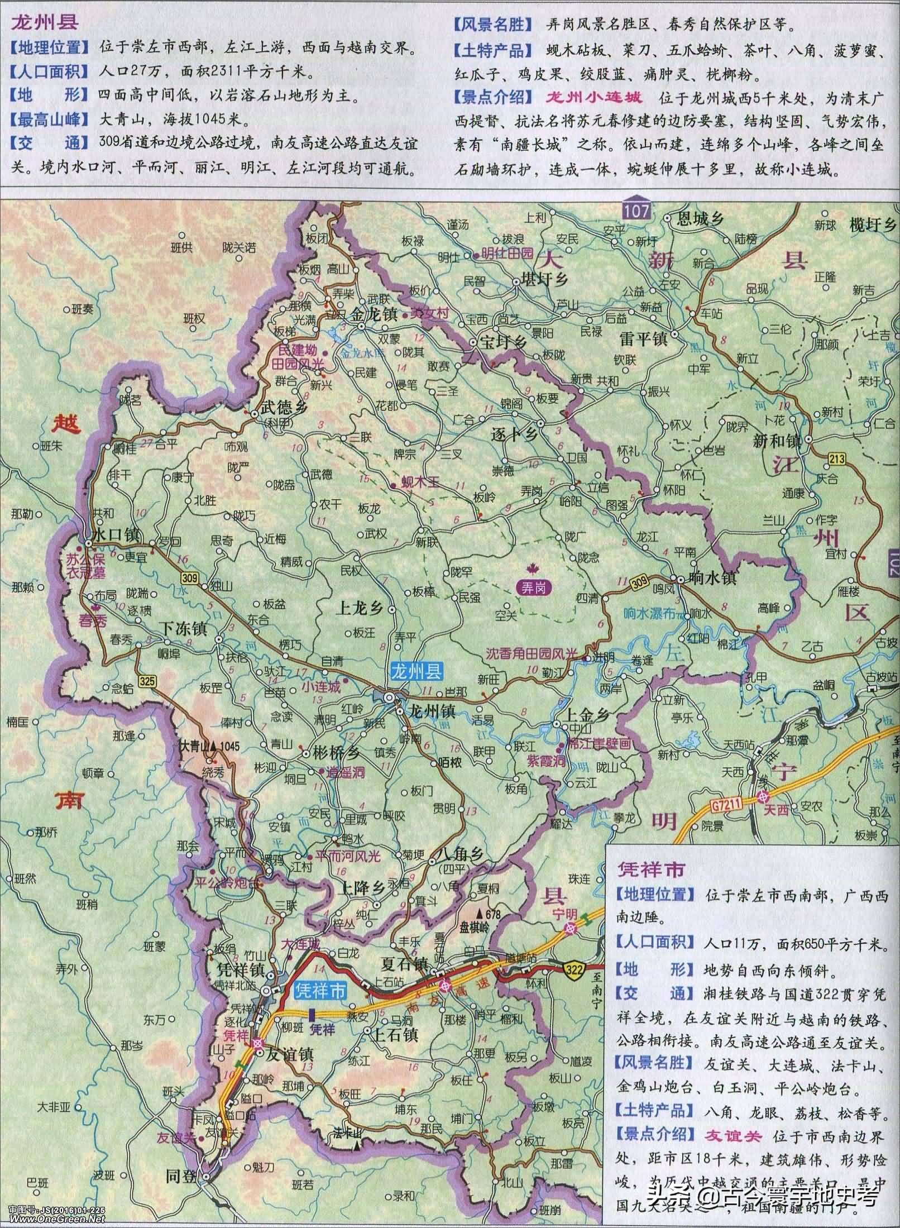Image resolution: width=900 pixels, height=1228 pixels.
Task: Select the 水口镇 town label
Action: (116, 535)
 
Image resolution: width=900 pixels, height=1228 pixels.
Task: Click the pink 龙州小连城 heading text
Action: (593, 98)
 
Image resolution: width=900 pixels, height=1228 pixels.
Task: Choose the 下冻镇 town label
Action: (183, 629)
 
